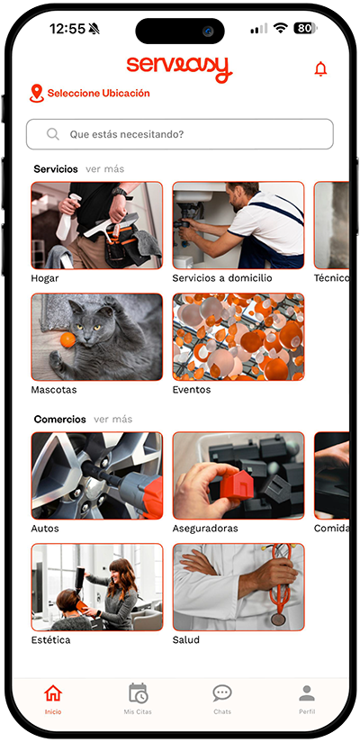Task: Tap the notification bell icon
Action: click(x=320, y=69)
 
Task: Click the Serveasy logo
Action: click(x=179, y=68)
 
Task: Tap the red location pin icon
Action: click(x=36, y=94)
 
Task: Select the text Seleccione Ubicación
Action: click(x=98, y=94)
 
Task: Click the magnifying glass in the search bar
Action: click(x=53, y=134)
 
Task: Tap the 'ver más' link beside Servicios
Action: click(x=105, y=169)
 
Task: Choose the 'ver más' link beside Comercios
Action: click(x=113, y=420)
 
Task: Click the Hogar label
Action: click(x=45, y=278)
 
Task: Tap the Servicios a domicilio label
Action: click(x=222, y=278)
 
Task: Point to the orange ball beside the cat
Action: click(x=68, y=339)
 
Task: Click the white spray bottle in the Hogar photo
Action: click(x=67, y=218)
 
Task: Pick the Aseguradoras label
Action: click(x=205, y=528)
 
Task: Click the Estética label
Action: click(x=50, y=640)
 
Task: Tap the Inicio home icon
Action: click(x=53, y=693)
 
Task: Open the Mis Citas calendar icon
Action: click(x=138, y=693)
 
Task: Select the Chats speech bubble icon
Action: click(x=222, y=693)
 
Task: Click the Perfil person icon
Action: click(x=307, y=693)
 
